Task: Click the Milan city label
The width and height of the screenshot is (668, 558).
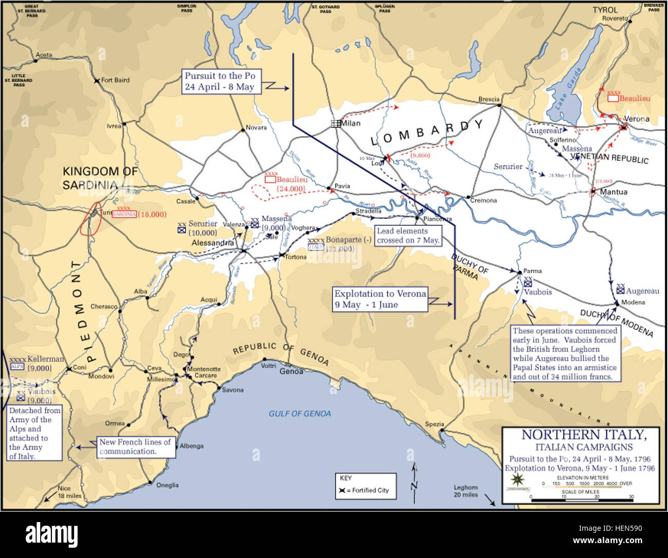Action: (351, 123)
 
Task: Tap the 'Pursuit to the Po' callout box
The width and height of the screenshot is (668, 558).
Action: (220, 82)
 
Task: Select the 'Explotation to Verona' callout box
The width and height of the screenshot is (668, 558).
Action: (380, 299)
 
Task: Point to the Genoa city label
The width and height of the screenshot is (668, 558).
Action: (291, 371)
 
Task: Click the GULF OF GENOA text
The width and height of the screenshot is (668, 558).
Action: (300, 414)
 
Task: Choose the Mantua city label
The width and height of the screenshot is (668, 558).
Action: (614, 192)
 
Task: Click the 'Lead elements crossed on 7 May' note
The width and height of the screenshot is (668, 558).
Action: (408, 236)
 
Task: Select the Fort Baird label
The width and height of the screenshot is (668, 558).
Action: (115, 80)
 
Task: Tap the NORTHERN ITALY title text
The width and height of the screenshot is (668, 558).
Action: (583, 435)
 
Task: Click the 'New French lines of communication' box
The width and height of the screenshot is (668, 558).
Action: (135, 447)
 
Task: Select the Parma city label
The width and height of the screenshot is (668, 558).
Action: (532, 271)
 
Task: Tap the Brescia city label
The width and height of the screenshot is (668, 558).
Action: (488, 99)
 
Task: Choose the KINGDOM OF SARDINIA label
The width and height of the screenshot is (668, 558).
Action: (100, 178)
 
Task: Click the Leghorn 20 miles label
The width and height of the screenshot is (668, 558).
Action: (466, 491)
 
